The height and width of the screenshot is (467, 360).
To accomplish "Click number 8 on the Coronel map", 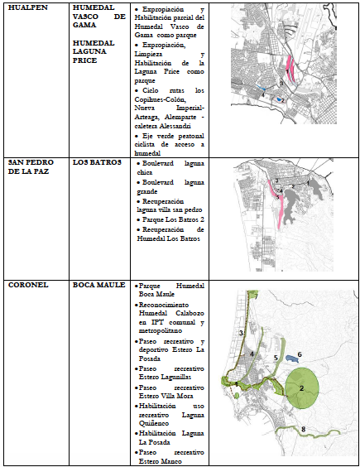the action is pyautogui.click(x=303, y=427).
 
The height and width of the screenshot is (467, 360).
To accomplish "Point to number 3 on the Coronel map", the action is pyautogui.click(x=240, y=332).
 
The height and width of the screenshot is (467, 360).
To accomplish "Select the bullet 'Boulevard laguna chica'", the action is pyautogui.click(x=170, y=170).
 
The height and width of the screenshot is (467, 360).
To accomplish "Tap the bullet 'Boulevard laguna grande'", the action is pyautogui.click(x=170, y=187).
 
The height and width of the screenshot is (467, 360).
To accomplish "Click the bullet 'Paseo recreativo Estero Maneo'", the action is pyautogui.click(x=169, y=456).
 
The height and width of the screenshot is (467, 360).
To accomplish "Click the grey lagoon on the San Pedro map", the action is pyautogui.click(x=311, y=192).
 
